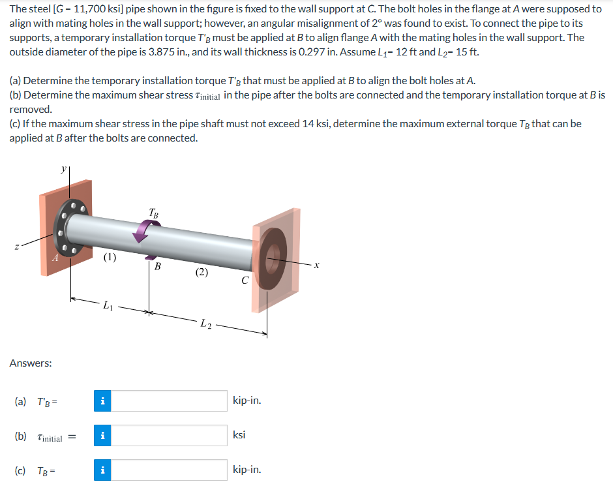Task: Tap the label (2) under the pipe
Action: pos(202,273)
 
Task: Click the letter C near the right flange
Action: pos(244,282)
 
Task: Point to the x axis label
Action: pos(316,264)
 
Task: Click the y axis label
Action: pos(64,168)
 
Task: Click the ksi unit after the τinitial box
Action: pos(239,435)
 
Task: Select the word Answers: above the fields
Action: pos(31,363)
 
